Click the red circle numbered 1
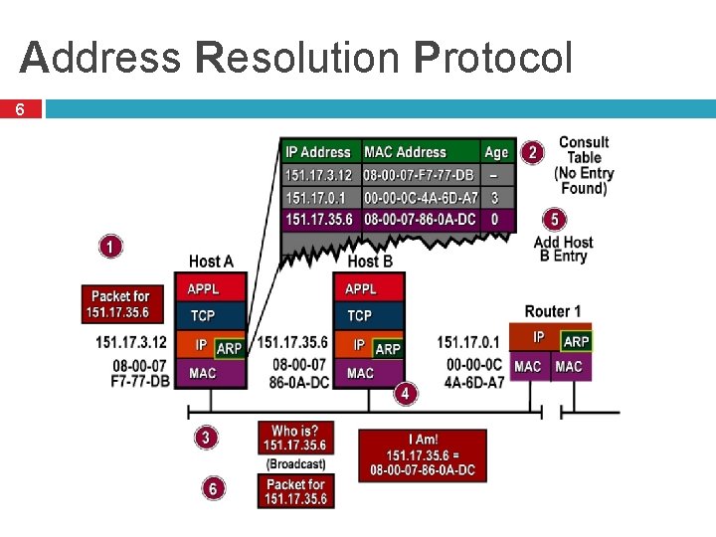coord(111,246)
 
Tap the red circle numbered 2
coord(533,152)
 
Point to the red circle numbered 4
coord(405,394)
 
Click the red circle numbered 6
coord(212,488)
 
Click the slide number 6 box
coord(21,109)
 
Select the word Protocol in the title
coord(494,58)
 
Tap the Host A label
coord(211,262)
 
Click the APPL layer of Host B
coord(369,288)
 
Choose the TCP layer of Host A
coord(210,315)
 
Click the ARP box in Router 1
coord(577,341)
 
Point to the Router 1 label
coord(553,311)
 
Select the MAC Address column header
coord(406,152)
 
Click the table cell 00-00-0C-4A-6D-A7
coord(421,198)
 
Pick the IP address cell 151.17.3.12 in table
coord(319,175)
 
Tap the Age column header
coord(496,152)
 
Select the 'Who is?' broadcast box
coord(295,438)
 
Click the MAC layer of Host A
coord(210,373)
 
